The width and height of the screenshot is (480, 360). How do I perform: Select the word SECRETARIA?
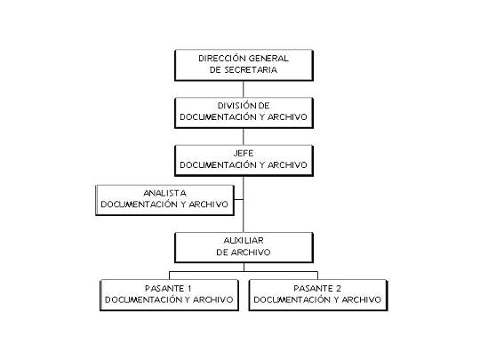[x=251, y=70]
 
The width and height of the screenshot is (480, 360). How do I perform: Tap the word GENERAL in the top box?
[x=268, y=58]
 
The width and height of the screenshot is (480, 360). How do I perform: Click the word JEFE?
[x=244, y=153]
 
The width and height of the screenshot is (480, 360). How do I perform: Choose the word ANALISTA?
[x=164, y=193]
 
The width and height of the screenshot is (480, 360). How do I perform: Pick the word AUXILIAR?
[x=244, y=241]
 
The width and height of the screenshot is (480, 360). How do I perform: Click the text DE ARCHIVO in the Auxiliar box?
[x=244, y=252]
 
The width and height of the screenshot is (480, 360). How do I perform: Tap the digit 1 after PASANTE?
[x=189, y=288]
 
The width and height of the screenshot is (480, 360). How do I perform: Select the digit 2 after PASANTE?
[x=338, y=288]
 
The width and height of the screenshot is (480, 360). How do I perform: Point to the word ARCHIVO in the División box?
[x=287, y=117]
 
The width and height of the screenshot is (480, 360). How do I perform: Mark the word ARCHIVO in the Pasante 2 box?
[x=361, y=300]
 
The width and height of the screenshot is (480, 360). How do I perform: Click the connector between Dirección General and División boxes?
[x=244, y=89]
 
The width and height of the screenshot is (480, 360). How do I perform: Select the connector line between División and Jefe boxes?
[x=244, y=137]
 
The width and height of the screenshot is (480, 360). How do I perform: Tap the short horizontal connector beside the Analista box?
[x=239, y=200]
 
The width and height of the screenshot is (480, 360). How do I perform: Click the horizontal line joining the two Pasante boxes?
[x=244, y=271]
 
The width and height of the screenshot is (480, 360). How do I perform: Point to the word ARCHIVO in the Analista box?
[x=209, y=204]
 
